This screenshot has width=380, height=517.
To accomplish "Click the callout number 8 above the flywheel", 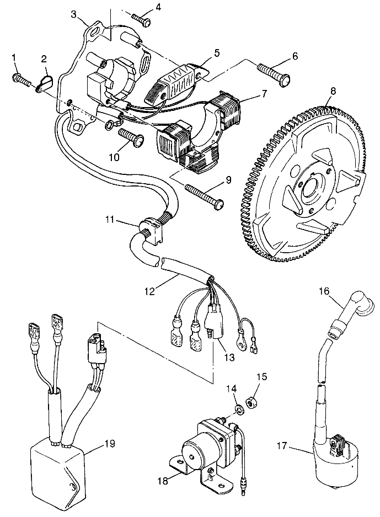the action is pyautogui.click(x=334, y=92).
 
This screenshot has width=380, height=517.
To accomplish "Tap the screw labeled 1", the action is pyautogui.click(x=22, y=80).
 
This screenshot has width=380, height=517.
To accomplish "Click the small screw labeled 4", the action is pyautogui.click(x=142, y=19).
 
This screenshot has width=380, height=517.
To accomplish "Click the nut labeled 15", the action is pyautogui.click(x=252, y=403).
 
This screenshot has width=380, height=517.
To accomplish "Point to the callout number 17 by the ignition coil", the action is pyautogui.click(x=282, y=447).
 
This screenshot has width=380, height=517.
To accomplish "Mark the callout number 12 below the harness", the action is pyautogui.click(x=149, y=291).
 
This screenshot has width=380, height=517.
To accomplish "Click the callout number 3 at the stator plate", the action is pyautogui.click(x=73, y=14).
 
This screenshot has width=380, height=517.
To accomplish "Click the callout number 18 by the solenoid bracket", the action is pyautogui.click(x=163, y=481).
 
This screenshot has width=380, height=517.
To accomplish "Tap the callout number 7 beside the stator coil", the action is pyautogui.click(x=263, y=93).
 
